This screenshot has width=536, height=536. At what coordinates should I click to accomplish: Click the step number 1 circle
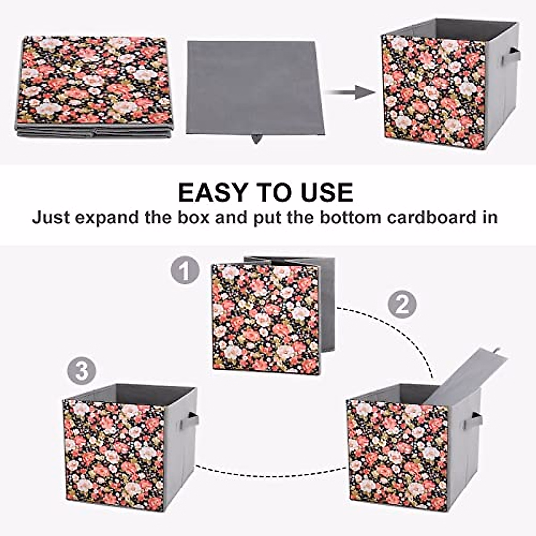pos(184,271)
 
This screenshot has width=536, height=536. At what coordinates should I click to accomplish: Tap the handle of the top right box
pos(511,56)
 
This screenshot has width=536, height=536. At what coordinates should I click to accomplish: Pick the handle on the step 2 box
pos(474,420)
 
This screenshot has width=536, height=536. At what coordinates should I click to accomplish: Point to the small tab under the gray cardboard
pos(256,139)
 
